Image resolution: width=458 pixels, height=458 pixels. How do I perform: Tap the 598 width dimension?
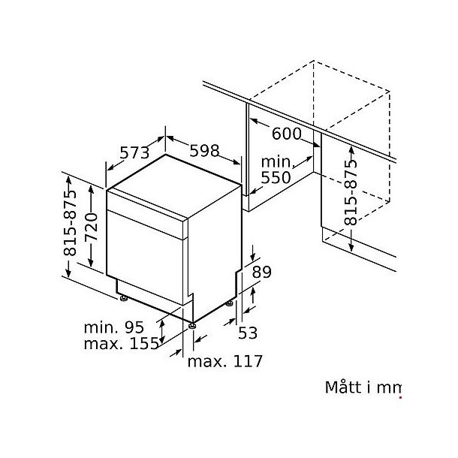click(203, 150)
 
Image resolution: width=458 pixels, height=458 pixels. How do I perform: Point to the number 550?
click(276, 178)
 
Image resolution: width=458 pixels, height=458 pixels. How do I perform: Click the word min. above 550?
click(276, 162)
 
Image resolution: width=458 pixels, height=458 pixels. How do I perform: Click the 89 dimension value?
click(261, 272)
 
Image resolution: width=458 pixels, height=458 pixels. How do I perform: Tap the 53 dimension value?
click(248, 331)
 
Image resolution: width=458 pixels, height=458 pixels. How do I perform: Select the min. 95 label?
click(113, 327)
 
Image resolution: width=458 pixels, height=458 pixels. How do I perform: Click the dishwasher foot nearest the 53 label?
click(228, 305)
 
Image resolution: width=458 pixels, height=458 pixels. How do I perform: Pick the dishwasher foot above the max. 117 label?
click(194, 326)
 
